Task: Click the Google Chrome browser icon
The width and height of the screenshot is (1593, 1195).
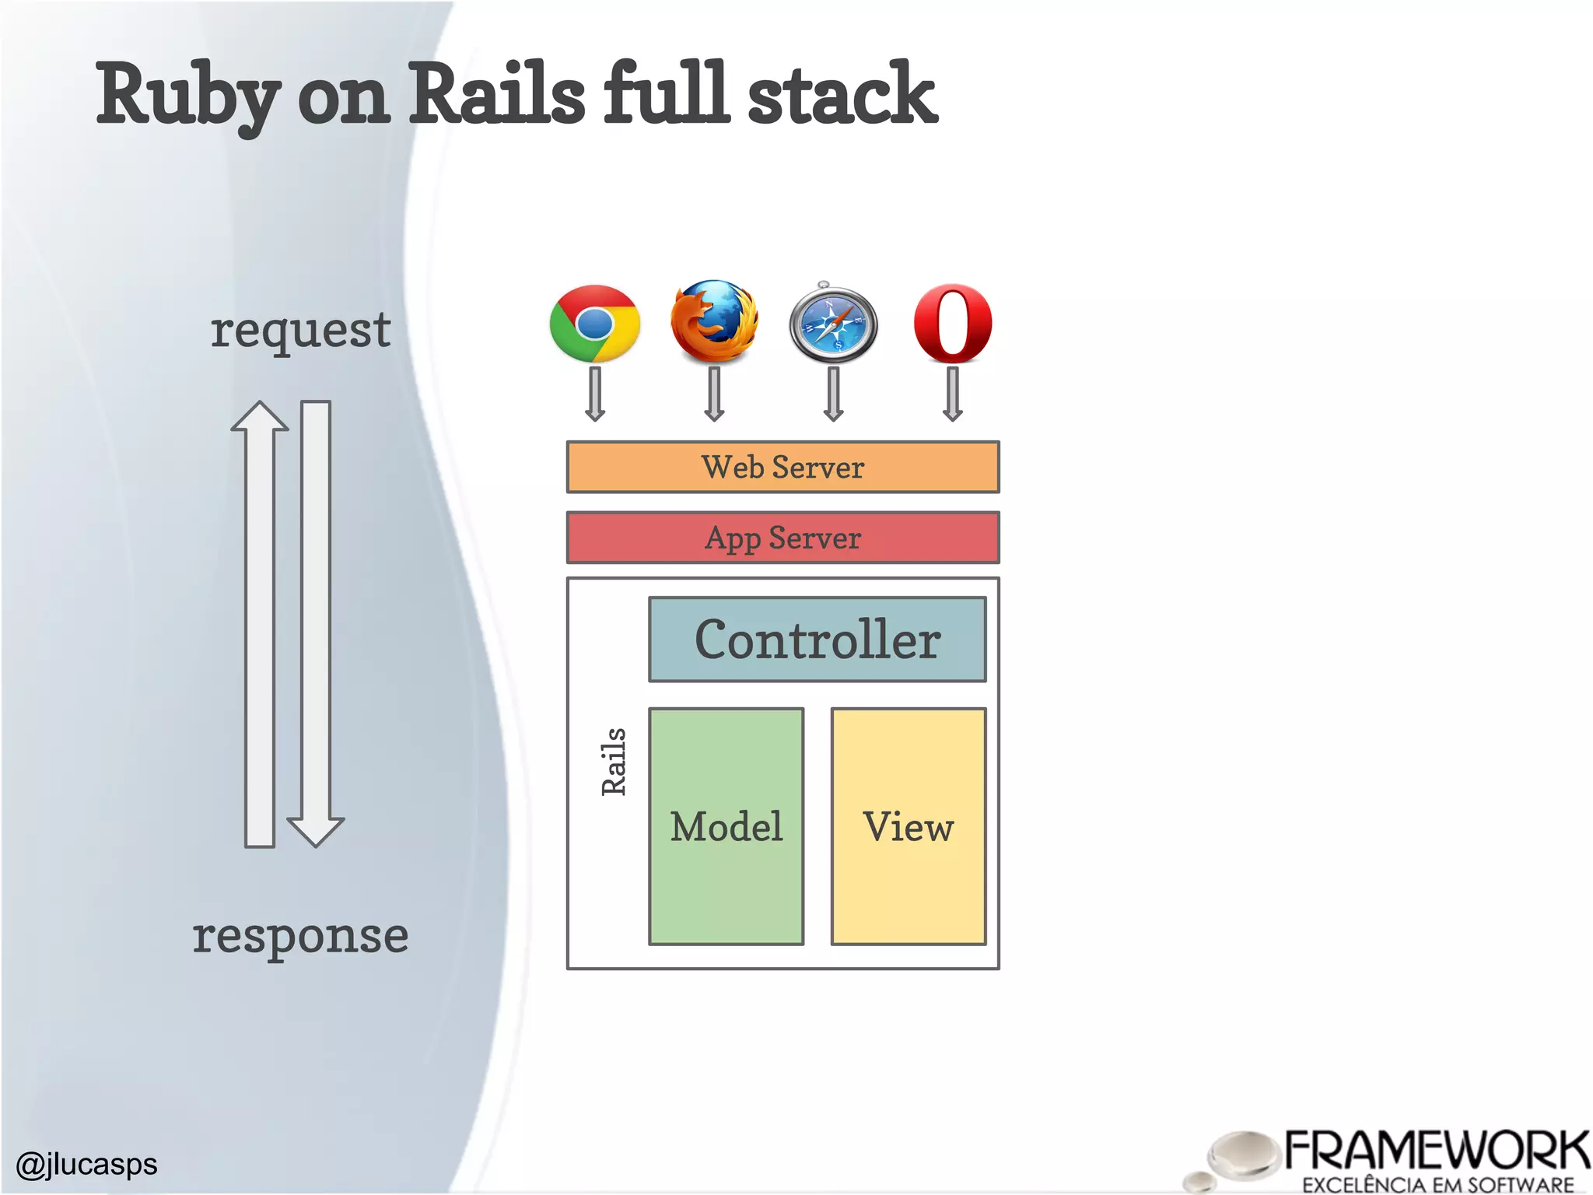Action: pos(595,324)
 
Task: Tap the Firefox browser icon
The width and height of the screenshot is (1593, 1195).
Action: pos(714,321)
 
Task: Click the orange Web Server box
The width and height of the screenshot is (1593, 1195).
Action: pos(782,468)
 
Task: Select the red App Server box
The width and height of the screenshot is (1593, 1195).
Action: pos(782,538)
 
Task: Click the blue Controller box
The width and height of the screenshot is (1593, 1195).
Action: pos(818,640)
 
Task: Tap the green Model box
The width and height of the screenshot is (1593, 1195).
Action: pos(726,826)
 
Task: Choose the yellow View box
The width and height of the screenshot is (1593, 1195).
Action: pos(909,826)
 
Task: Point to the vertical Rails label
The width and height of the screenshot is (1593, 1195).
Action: pos(614,762)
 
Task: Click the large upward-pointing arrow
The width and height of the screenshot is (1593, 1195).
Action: pos(260,622)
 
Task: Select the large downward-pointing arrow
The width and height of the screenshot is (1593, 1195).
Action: pos(316,622)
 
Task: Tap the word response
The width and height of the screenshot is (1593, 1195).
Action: pos(300,936)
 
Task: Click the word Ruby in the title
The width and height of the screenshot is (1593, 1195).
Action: pos(187,96)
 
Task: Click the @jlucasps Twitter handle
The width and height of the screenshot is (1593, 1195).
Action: pos(86,1165)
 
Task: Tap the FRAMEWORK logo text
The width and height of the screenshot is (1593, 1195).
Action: pos(1436,1151)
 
